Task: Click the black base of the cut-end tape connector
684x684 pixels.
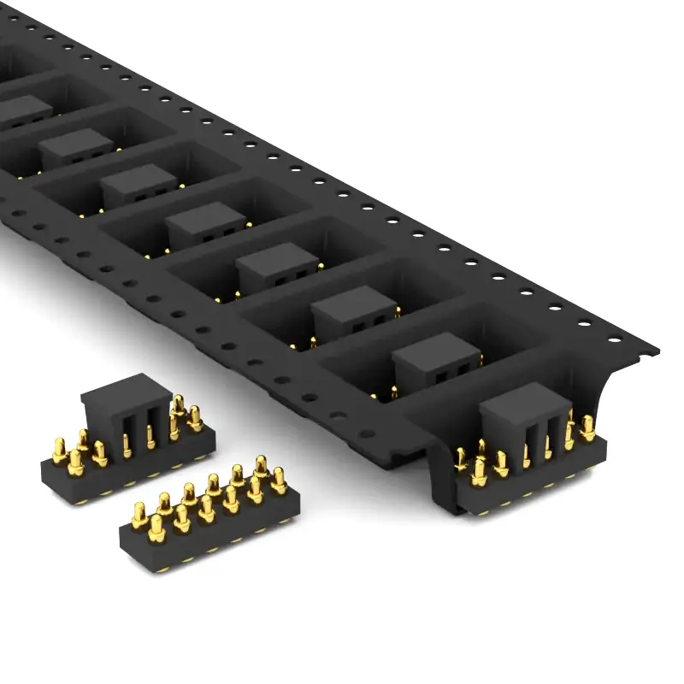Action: (530, 496)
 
